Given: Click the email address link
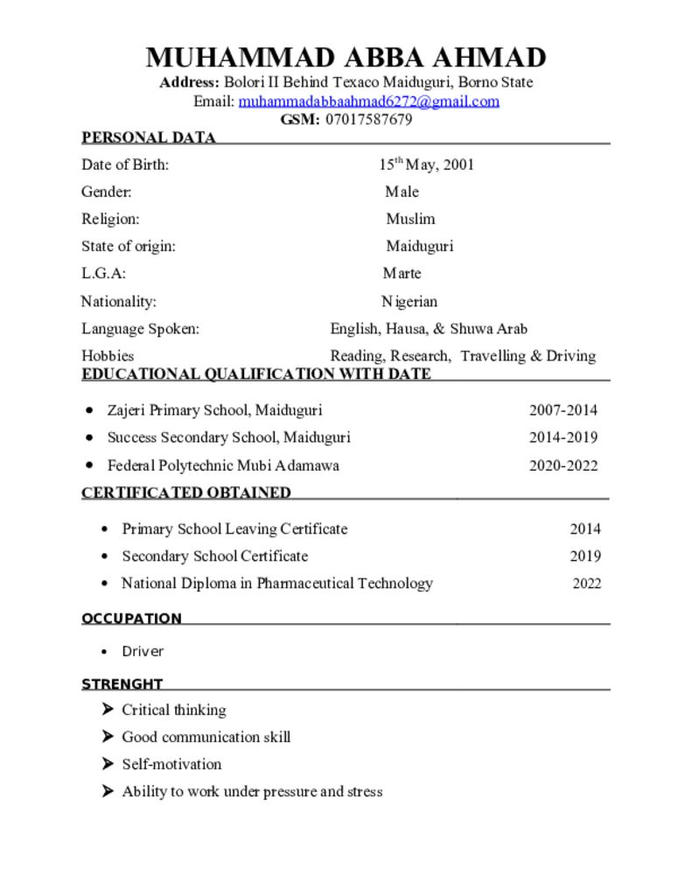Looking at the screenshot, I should click(368, 101).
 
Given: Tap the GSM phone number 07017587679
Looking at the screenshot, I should click(368, 120).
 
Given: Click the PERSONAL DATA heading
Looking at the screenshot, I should click(148, 137).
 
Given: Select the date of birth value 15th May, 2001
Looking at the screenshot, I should click(427, 164).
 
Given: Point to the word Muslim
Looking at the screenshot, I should click(410, 219).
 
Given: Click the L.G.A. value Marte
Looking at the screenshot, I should click(402, 273).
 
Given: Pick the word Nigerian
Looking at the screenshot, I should click(409, 302).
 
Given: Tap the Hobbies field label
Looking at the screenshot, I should click(108, 355).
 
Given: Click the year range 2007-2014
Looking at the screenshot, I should click(563, 409).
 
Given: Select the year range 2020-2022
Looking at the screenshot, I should click(563, 465).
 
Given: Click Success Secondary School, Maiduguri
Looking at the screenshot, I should click(228, 437).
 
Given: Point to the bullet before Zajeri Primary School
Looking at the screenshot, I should click(89, 409).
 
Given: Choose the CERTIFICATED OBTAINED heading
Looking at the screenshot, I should click(186, 493).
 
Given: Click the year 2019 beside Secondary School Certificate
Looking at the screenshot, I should click(585, 556).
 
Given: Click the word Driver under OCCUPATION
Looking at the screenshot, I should click(143, 651).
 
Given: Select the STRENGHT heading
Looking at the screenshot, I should click(122, 684).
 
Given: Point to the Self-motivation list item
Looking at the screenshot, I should click(171, 764).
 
